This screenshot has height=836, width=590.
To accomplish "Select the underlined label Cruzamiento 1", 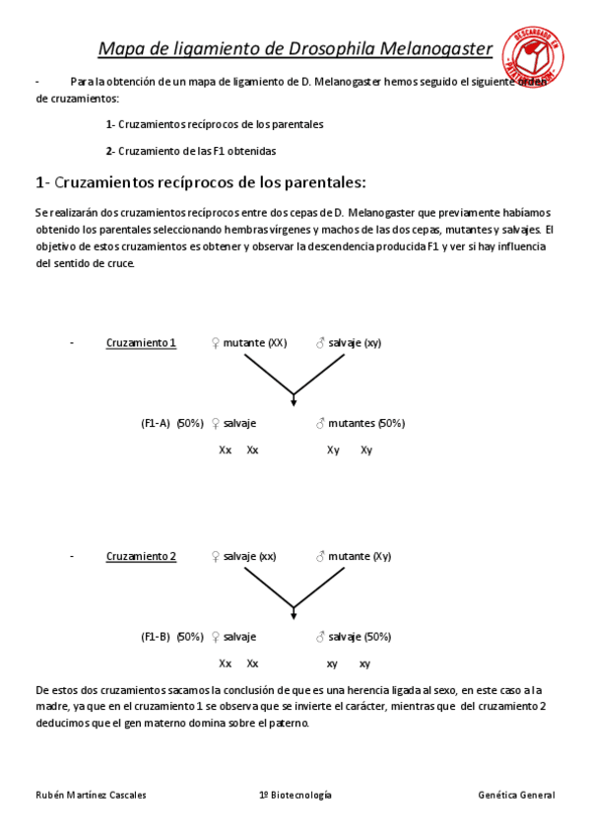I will [x=141, y=343].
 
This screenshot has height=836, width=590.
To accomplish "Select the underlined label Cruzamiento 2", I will [x=141, y=557].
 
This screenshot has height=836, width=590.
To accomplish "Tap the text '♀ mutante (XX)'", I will [x=248, y=343].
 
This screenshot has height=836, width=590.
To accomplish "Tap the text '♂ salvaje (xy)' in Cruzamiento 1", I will [x=348, y=343].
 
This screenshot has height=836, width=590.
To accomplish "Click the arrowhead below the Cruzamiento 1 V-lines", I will [x=294, y=399].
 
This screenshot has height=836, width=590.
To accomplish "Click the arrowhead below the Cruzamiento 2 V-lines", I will [x=294, y=614].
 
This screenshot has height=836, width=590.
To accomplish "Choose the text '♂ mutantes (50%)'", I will [x=360, y=423].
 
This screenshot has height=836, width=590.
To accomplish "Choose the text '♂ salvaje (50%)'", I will [x=353, y=637].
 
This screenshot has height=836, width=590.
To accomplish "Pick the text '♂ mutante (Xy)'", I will [x=353, y=557].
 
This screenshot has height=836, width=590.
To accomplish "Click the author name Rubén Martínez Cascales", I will [x=91, y=795].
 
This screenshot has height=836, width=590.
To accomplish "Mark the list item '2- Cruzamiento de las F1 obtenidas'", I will [x=191, y=151].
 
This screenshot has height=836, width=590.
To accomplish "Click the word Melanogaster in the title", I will [x=439, y=48].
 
